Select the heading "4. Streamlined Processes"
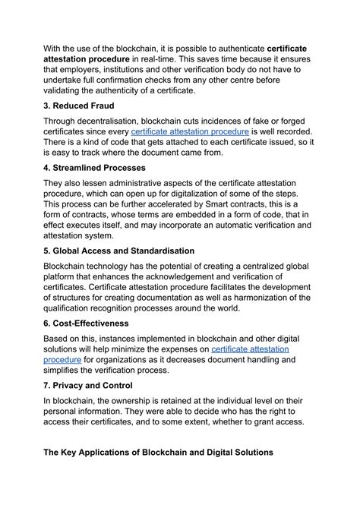click(x=104, y=167)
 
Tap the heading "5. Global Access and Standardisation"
click(x=129, y=251)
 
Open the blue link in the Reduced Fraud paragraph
click(x=190, y=131)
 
